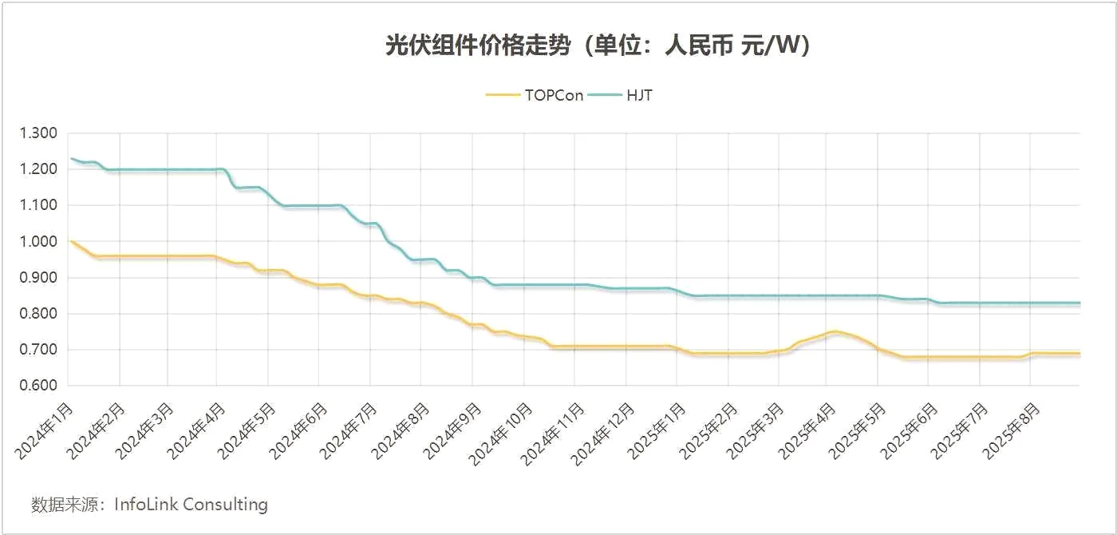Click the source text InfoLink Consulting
191,505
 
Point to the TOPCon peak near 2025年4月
834,331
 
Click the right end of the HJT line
1080,303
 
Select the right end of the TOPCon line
1080,353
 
